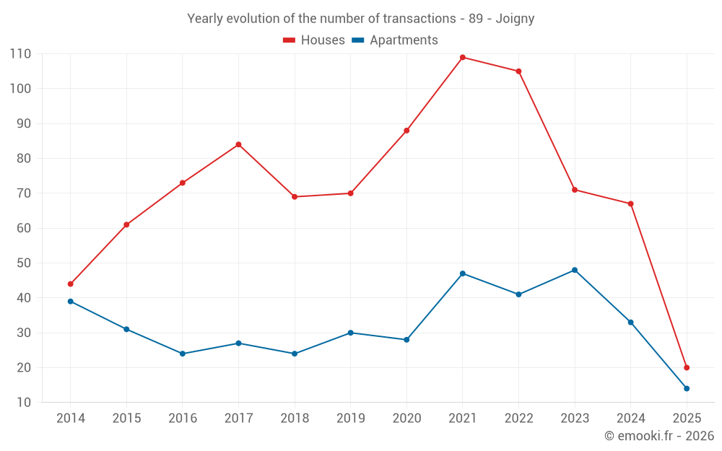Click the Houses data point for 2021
[x=463, y=57]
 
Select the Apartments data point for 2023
[x=575, y=270]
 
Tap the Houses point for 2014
[x=71, y=284]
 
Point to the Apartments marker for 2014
[x=71, y=301]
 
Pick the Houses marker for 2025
[x=687, y=367]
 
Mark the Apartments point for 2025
[x=687, y=388]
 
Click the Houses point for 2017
[x=238, y=144]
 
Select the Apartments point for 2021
[x=463, y=273]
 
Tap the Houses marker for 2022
[x=518, y=71]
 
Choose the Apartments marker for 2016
[x=183, y=354]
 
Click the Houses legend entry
[x=314, y=40]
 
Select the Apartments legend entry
[x=395, y=40]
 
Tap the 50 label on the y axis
[x=24, y=263]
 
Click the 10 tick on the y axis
[x=24, y=402]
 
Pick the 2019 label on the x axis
[x=351, y=419]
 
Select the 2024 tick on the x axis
[x=631, y=419]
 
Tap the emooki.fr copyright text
[x=659, y=436]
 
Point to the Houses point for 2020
[x=406, y=131]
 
